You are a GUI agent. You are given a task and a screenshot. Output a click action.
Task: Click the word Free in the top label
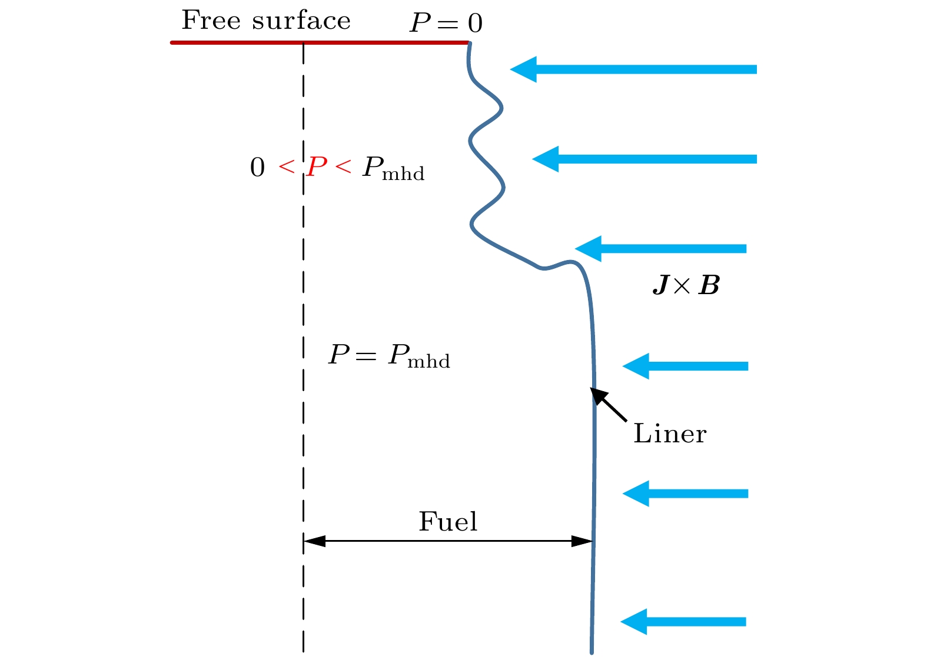pos(211,21)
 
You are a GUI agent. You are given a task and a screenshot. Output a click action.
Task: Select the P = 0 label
pos(446,23)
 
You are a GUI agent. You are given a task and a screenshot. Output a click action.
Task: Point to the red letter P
pos(317,167)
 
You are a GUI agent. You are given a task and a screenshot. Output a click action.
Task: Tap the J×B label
pos(686,286)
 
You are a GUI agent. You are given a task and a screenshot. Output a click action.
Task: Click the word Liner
pos(670,434)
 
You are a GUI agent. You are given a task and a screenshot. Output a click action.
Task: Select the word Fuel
pos(448,522)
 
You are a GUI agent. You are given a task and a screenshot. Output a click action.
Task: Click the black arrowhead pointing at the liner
pos(599,395)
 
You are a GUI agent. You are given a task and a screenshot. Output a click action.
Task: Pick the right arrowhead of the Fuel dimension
pos(582,541)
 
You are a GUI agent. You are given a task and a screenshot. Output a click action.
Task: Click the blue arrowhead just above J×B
pos(588,249)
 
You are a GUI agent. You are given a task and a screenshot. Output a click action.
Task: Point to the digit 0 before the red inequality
pos(257,168)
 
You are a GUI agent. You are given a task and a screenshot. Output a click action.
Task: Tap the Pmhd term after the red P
pos(393,169)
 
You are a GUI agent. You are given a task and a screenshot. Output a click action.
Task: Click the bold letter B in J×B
pos(709,286)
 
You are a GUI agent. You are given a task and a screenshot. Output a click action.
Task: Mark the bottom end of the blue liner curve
pos(592,651)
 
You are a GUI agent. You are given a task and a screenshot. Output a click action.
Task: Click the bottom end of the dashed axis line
pos(303,650)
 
